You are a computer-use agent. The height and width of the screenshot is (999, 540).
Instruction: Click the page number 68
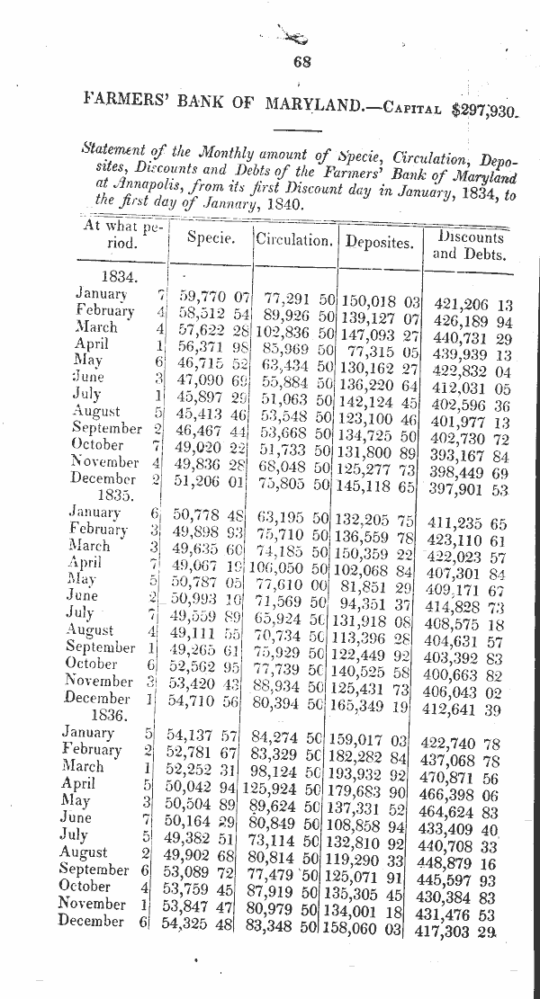click(x=301, y=62)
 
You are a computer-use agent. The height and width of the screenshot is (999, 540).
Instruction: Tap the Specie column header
click(x=211, y=238)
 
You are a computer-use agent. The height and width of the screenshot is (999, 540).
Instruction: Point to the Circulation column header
click(x=293, y=240)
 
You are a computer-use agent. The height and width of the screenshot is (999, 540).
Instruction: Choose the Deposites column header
click(x=379, y=241)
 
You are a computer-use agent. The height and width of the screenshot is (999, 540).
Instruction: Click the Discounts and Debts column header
click(x=469, y=245)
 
